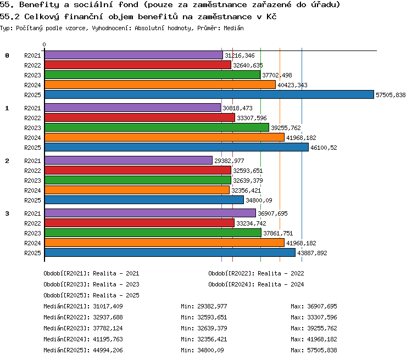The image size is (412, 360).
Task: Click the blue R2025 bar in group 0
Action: click(209, 94)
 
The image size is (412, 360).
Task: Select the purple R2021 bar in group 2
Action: click(129, 160)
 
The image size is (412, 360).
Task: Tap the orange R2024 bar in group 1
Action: click(164, 137)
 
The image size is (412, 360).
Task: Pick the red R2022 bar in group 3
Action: click(140, 223)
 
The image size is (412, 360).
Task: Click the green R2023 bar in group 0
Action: click(152, 75)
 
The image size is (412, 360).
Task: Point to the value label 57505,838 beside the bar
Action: click(391, 95)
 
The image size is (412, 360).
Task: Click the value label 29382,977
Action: click(229, 161)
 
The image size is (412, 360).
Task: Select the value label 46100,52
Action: click(324, 148)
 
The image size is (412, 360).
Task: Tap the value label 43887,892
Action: click(312, 253)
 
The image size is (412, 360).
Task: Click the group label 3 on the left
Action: click(7, 213)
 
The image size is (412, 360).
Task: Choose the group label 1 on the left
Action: click(7, 108)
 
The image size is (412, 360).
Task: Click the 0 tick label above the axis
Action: click(44, 44)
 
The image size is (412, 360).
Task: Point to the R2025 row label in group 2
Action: click(32, 200)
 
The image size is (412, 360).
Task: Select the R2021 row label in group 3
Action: click(32, 213)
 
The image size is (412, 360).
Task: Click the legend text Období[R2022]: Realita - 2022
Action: click(256, 274)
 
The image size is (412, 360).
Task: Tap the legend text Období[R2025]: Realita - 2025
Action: click(91, 295)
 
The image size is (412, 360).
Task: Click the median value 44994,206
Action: click(108, 350)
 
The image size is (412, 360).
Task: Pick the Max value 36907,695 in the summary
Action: click(322, 306)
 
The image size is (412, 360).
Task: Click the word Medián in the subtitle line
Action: click(233, 28)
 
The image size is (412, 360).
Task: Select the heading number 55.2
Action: click(10, 17)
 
